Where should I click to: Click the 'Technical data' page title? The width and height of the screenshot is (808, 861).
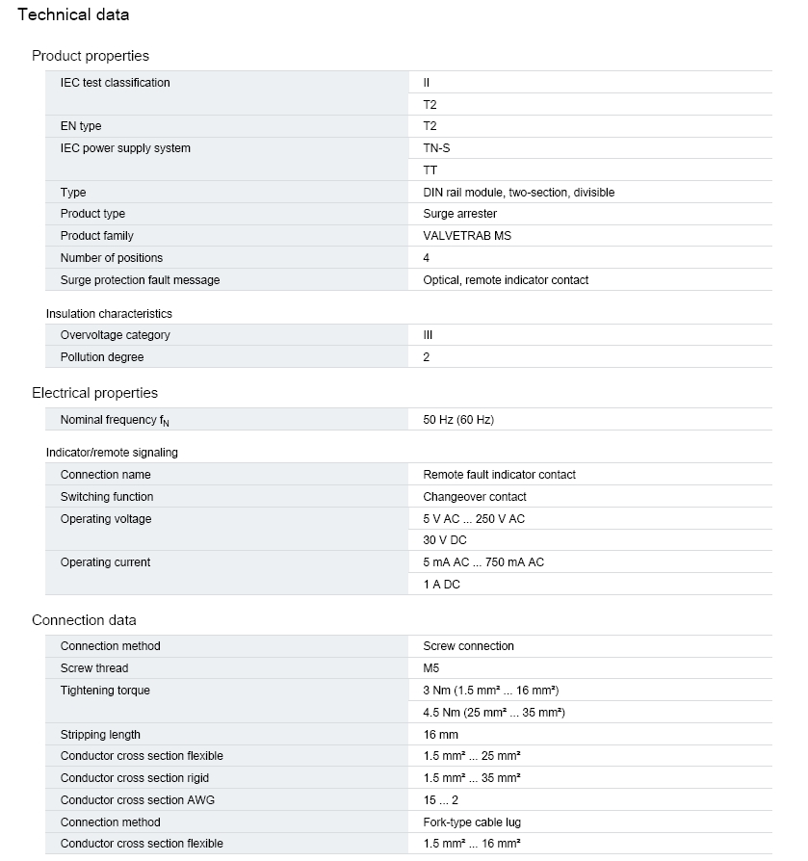[x=73, y=15]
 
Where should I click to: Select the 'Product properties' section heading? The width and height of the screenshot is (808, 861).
[x=91, y=56]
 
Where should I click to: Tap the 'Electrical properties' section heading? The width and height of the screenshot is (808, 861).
[x=94, y=393]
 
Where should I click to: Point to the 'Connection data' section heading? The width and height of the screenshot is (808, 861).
[x=84, y=620]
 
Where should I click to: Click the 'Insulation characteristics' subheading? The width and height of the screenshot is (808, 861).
[x=109, y=314]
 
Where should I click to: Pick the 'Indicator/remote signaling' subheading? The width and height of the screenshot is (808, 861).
[x=112, y=453]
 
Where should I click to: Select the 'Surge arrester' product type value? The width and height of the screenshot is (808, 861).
[x=459, y=214]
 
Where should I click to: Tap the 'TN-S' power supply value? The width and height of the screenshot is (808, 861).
[x=436, y=148]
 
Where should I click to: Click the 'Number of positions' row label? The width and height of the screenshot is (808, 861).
[x=111, y=258]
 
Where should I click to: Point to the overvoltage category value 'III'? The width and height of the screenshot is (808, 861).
[x=428, y=335]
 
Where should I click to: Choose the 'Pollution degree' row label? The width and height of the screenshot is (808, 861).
[x=101, y=357]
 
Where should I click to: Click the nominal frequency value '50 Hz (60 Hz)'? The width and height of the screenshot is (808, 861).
[x=458, y=420]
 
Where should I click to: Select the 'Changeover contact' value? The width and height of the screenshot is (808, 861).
[x=475, y=497]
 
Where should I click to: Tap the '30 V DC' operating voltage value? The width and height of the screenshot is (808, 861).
[x=444, y=540]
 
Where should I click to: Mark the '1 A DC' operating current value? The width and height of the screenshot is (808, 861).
[x=441, y=585]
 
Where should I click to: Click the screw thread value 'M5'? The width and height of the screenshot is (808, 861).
[x=430, y=668]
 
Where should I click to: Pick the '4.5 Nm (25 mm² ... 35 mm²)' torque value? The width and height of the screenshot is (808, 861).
[x=493, y=713]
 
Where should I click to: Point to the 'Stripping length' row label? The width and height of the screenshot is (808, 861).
[x=100, y=735]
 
